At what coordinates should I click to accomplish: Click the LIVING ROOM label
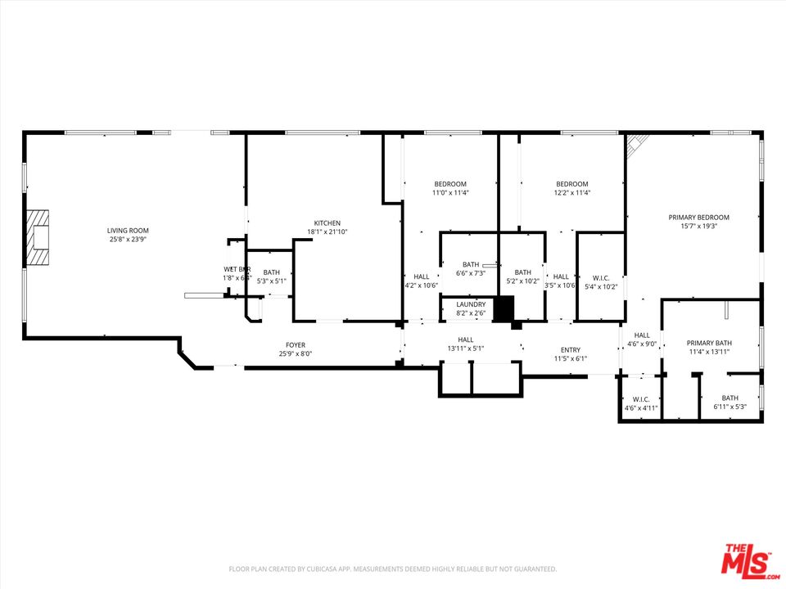(x=128, y=231)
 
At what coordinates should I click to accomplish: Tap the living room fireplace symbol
(x=37, y=236)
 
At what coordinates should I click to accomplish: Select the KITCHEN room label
(x=327, y=223)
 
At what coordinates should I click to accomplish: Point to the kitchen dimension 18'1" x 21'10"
(x=327, y=232)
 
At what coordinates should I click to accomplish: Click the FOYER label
(x=295, y=345)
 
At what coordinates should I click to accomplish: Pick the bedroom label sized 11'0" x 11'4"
(x=449, y=184)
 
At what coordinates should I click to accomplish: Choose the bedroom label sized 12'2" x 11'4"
(x=571, y=184)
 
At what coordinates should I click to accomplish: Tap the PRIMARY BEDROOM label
(x=698, y=218)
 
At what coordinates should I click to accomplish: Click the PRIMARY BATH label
(x=709, y=344)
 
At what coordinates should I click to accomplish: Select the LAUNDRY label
(x=471, y=304)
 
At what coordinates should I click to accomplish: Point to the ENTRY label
(x=570, y=350)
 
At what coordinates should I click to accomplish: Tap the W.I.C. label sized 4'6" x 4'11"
(x=640, y=399)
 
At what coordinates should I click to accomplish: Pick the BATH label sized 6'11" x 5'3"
(x=730, y=398)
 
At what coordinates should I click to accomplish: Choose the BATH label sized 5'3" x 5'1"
(x=271, y=272)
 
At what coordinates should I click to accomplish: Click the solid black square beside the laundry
(x=504, y=308)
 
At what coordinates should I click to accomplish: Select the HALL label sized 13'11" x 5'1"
(x=465, y=339)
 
